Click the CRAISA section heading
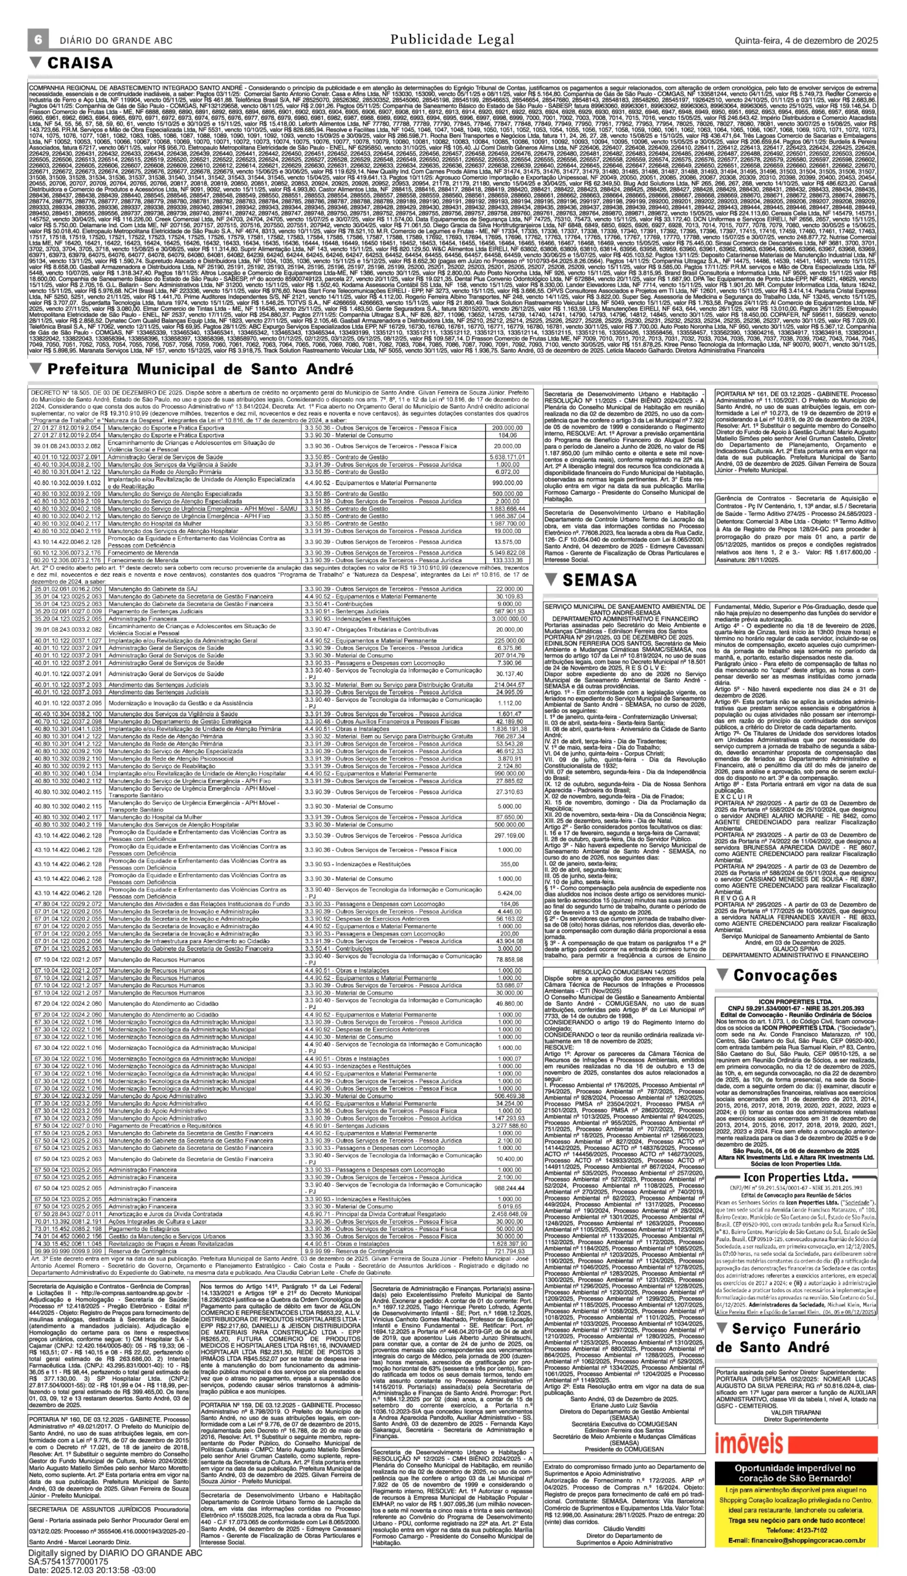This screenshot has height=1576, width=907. pyautogui.click(x=81, y=63)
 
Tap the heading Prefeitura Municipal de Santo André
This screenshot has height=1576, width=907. pyautogui.click(x=201, y=369)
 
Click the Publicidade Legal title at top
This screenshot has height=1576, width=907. pyautogui.click(x=452, y=40)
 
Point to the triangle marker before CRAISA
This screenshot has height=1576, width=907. pyautogui.click(x=36, y=62)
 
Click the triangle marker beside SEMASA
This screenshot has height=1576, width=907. pyautogui.click(x=550, y=579)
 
